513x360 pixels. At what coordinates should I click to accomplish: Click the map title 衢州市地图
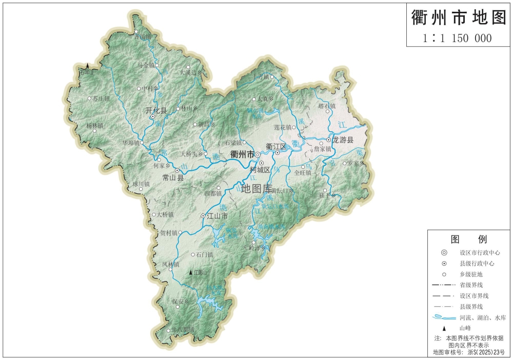[x=459, y=18]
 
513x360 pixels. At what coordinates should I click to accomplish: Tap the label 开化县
[x=156, y=110]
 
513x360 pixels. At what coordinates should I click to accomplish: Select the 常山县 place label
[x=172, y=177]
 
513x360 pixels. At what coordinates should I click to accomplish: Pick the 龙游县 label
[x=343, y=139]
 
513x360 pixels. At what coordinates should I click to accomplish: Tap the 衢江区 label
[x=276, y=146]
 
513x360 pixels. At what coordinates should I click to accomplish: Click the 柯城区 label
[x=260, y=170]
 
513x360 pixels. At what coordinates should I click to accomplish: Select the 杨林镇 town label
[x=94, y=125]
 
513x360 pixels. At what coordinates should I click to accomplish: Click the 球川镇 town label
[x=141, y=184]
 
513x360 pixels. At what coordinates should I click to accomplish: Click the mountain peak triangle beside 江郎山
[x=191, y=273]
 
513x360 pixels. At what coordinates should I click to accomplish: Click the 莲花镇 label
[x=282, y=127]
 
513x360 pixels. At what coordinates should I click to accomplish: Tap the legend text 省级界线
[x=471, y=285]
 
